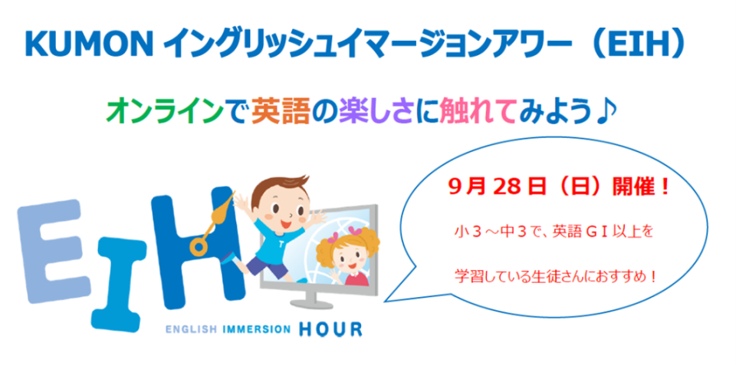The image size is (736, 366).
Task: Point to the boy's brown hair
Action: (280, 190)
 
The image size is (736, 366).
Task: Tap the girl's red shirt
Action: (356, 279)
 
